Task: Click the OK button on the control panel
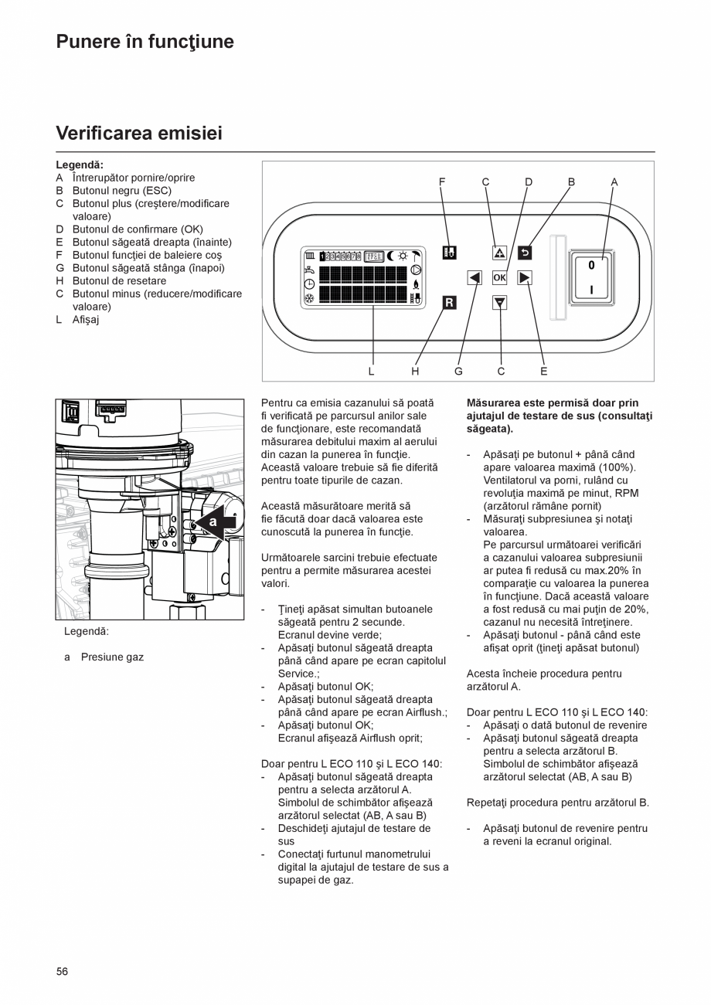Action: [499, 277]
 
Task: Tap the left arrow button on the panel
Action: [475, 277]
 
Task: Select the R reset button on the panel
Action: [449, 303]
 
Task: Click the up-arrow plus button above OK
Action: [499, 252]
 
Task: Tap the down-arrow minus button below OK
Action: [499, 303]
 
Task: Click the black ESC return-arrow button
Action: [525, 252]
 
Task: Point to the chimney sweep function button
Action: [449, 252]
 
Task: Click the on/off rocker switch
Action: [591, 277]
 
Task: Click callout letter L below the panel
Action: [371, 372]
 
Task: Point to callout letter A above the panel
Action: [614, 182]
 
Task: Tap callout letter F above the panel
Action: [442, 182]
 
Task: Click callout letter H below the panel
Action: [415, 372]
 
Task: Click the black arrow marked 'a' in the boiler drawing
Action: [215, 523]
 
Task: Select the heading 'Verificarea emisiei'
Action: [139, 134]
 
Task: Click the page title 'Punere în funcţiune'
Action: [145, 42]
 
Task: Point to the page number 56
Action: [62, 971]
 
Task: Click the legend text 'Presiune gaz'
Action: [112, 657]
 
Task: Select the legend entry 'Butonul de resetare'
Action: [119, 280]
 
